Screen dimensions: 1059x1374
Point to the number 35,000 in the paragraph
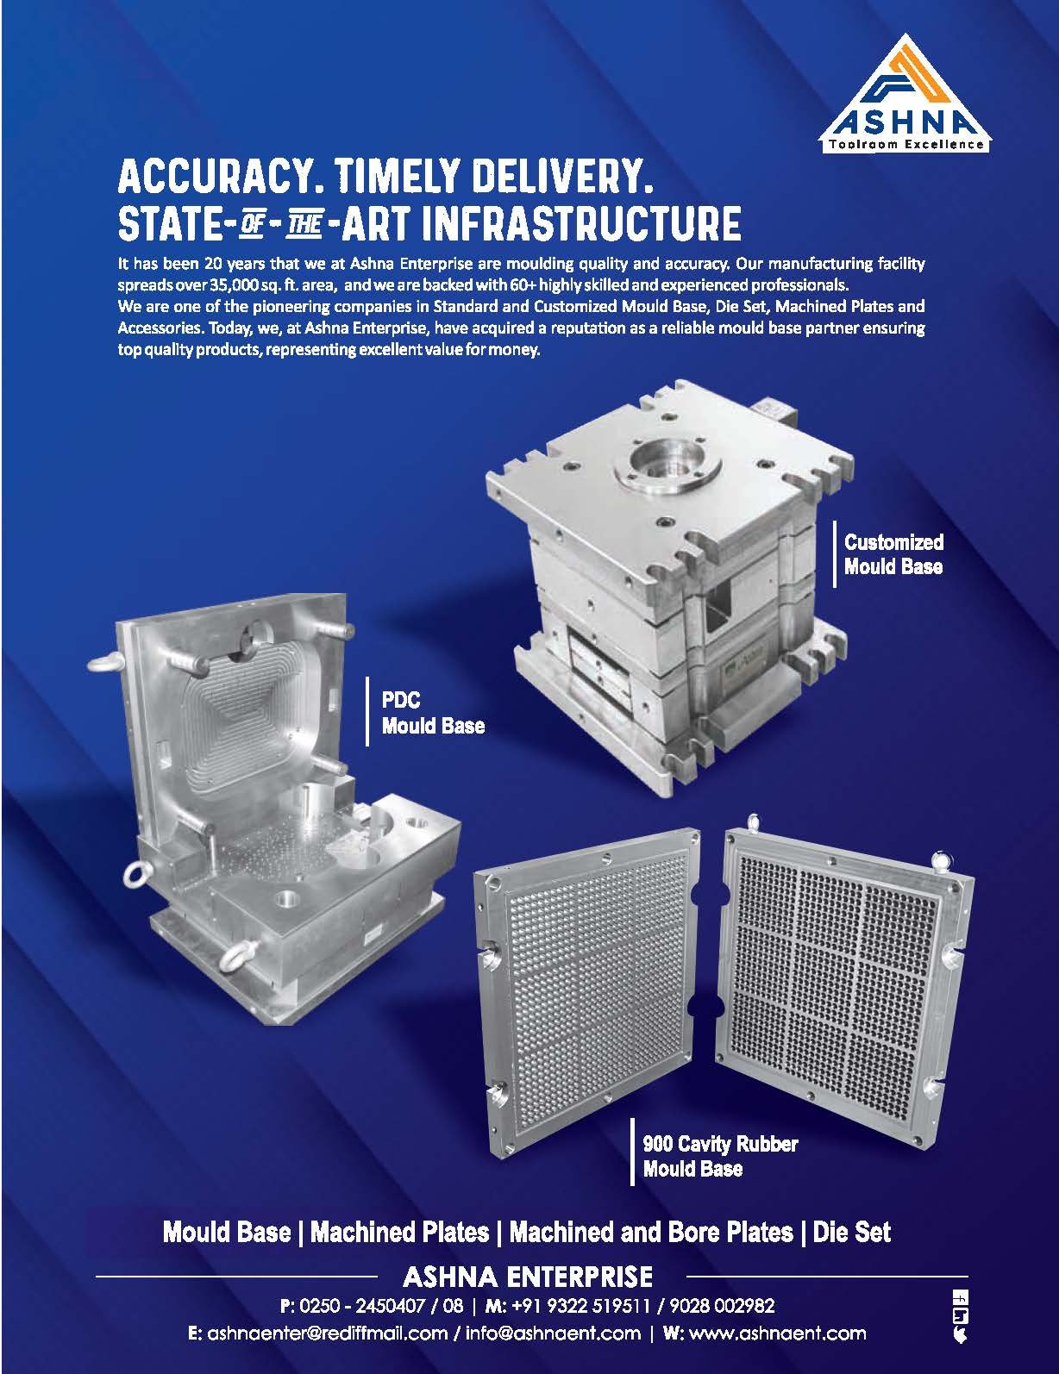tap(233, 284)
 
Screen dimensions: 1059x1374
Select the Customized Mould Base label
tap(893, 554)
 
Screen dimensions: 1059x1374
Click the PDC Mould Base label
tap(433, 713)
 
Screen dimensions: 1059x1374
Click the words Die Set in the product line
tap(851, 1233)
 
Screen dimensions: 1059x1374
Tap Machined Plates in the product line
tap(399, 1233)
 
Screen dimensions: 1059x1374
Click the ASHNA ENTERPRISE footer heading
tap(528, 1277)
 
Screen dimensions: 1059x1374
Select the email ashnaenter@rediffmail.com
tap(328, 1333)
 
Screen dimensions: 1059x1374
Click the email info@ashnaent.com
tap(553, 1333)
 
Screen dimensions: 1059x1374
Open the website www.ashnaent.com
tap(778, 1333)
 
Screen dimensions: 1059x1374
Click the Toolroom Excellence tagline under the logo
tap(905, 145)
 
